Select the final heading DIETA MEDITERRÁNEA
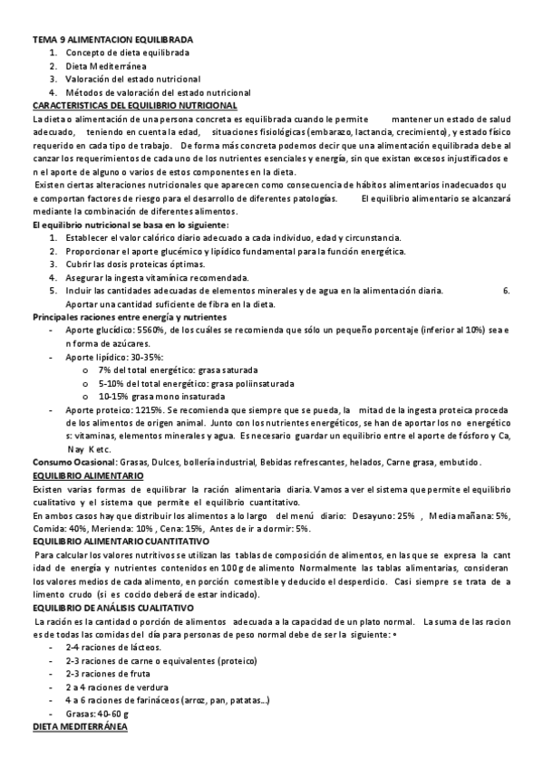point(81,726)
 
